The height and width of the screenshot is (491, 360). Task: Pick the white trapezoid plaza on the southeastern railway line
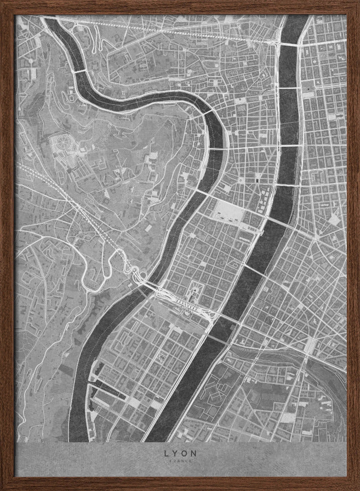(x=310, y=346)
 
